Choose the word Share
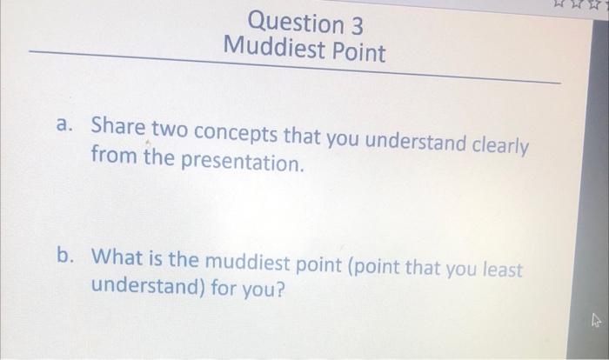[x=121, y=127]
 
